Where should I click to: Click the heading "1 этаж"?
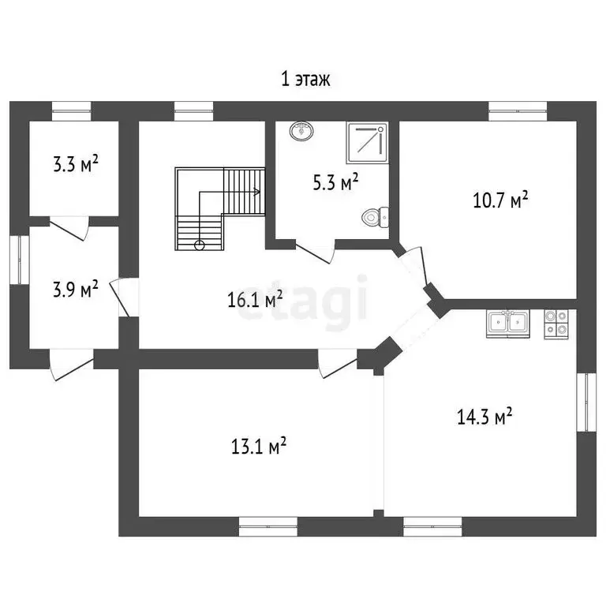(305, 80)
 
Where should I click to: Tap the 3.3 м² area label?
(76, 164)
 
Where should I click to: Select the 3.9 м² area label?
(76, 289)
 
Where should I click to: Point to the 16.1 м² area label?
(255, 300)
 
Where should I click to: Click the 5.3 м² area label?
(336, 182)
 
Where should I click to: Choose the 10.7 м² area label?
(501, 200)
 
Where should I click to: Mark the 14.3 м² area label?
(484, 417)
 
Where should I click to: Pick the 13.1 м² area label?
(259, 447)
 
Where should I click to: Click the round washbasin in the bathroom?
(301, 130)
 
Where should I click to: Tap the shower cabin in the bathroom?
(367, 142)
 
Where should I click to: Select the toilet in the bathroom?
(375, 217)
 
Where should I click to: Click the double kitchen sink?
(508, 324)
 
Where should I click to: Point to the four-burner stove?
(556, 324)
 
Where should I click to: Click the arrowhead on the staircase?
(257, 192)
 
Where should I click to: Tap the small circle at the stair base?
(200, 245)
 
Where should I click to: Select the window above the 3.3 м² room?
(72, 111)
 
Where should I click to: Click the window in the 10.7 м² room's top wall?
(518, 111)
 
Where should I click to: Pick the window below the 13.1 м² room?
(268, 526)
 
